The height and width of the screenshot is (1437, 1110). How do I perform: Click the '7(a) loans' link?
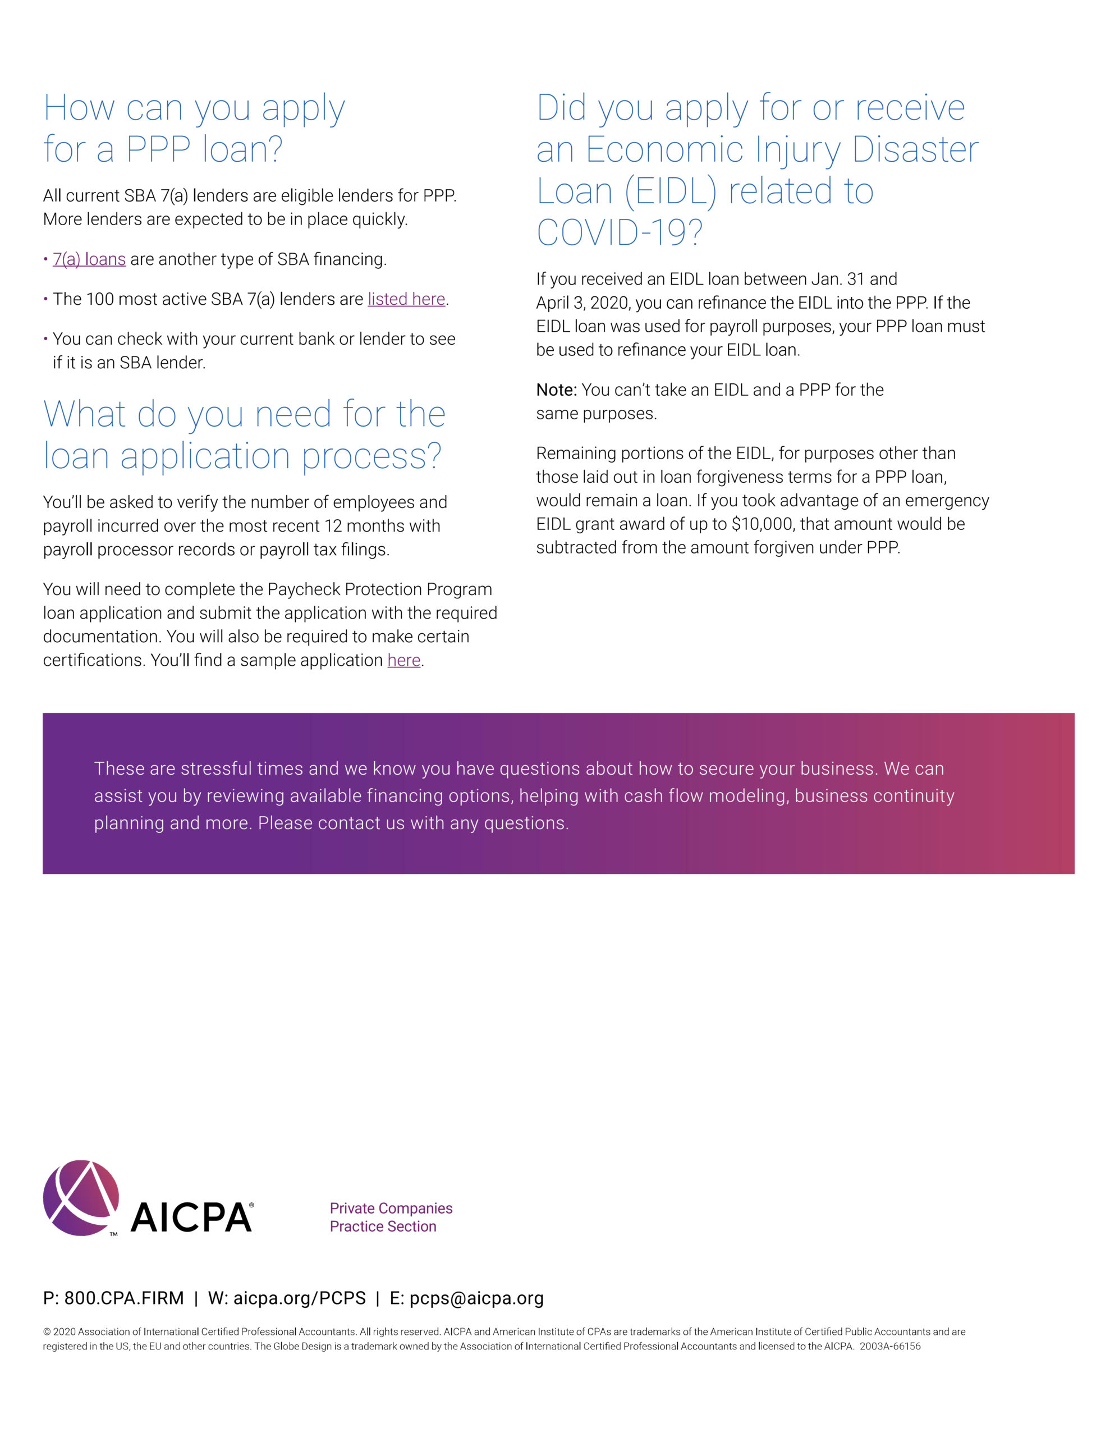coord(89,259)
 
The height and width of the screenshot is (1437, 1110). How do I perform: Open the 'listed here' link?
coord(406,299)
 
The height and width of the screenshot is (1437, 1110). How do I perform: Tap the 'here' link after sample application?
coord(403,660)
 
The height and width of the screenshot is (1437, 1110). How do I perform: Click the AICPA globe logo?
coord(81,1197)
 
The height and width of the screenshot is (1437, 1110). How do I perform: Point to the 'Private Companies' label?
coord(391,1208)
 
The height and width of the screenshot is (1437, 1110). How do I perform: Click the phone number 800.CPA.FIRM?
coord(123,1298)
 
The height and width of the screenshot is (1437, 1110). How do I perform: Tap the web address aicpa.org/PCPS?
coord(299,1298)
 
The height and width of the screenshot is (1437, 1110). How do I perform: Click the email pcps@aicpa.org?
coord(476,1298)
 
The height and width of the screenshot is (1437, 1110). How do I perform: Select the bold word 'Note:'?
coord(556,390)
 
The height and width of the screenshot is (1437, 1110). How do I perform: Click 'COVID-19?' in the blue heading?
coord(619,232)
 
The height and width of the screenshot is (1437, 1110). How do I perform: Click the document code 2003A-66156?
coord(889,1346)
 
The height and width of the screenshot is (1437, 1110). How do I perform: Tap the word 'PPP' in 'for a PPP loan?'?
coord(158,149)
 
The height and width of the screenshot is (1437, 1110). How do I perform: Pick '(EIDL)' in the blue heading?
coord(670,191)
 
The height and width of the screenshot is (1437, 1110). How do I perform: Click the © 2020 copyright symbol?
coord(47,1331)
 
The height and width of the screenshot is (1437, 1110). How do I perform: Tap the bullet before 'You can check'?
coord(46,339)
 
